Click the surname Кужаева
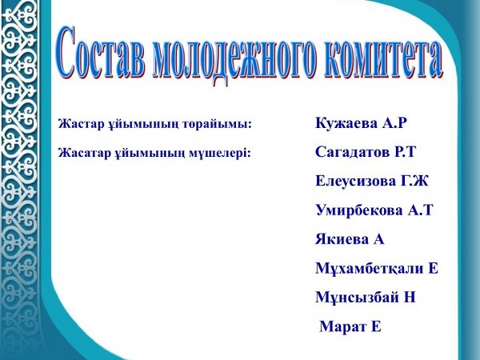point(346,123)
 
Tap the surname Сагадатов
point(352,151)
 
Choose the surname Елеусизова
point(355,181)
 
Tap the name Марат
point(342,326)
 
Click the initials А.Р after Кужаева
point(394,123)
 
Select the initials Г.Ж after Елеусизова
point(414,181)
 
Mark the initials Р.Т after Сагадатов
point(404,151)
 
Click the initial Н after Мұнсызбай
point(410,298)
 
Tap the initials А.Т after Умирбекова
point(420,210)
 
